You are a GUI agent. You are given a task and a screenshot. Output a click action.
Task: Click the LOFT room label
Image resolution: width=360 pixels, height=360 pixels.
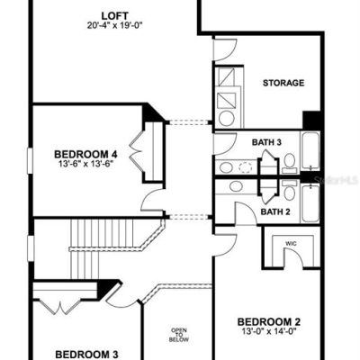pyautogui.click(x=114, y=15)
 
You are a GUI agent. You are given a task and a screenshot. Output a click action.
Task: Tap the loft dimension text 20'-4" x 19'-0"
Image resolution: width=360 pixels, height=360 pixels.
pyautogui.click(x=114, y=25)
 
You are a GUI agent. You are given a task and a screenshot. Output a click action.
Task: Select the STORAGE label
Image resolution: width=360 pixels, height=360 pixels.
pyautogui.click(x=283, y=83)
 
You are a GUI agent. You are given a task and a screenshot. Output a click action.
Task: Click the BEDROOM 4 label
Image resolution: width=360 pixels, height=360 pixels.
pyautogui.click(x=85, y=155)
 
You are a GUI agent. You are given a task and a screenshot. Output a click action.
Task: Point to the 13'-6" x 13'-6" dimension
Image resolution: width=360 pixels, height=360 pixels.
pyautogui.click(x=85, y=164)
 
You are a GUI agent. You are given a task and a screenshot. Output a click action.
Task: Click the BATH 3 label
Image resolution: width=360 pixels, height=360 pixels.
pyautogui.click(x=266, y=142)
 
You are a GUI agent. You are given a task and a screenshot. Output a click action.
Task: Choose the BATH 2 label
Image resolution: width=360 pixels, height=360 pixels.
pyautogui.click(x=275, y=212)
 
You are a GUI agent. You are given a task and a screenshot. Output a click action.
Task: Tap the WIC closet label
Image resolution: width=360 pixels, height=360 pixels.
pyautogui.click(x=292, y=244)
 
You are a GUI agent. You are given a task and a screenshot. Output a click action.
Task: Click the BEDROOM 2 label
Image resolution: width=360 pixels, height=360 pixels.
pyautogui.click(x=268, y=322)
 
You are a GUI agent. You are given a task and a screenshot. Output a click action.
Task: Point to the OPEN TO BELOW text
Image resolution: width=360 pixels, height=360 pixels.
pyautogui.click(x=179, y=335)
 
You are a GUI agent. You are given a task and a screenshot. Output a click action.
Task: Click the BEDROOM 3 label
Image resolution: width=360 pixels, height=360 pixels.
pyautogui.click(x=86, y=355)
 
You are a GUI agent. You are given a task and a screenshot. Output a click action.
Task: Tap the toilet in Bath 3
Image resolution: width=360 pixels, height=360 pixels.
pyautogui.click(x=290, y=163)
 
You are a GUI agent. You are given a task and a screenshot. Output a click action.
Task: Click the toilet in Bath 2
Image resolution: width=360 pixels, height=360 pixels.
pyautogui.click(x=290, y=190)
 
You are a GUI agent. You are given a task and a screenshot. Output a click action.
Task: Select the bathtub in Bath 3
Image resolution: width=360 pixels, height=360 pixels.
pyautogui.click(x=310, y=151)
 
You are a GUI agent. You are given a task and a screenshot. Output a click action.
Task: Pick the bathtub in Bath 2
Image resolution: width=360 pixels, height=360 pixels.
pyautogui.click(x=310, y=203)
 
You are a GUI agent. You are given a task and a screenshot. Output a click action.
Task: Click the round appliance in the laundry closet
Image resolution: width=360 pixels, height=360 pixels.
pyautogui.click(x=227, y=119)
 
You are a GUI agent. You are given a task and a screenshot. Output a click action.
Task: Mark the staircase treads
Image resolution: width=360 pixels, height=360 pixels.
pyautogui.click(x=102, y=248)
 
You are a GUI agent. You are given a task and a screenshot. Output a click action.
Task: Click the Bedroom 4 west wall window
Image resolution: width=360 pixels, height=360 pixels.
pyautogui.click(x=30, y=160)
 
